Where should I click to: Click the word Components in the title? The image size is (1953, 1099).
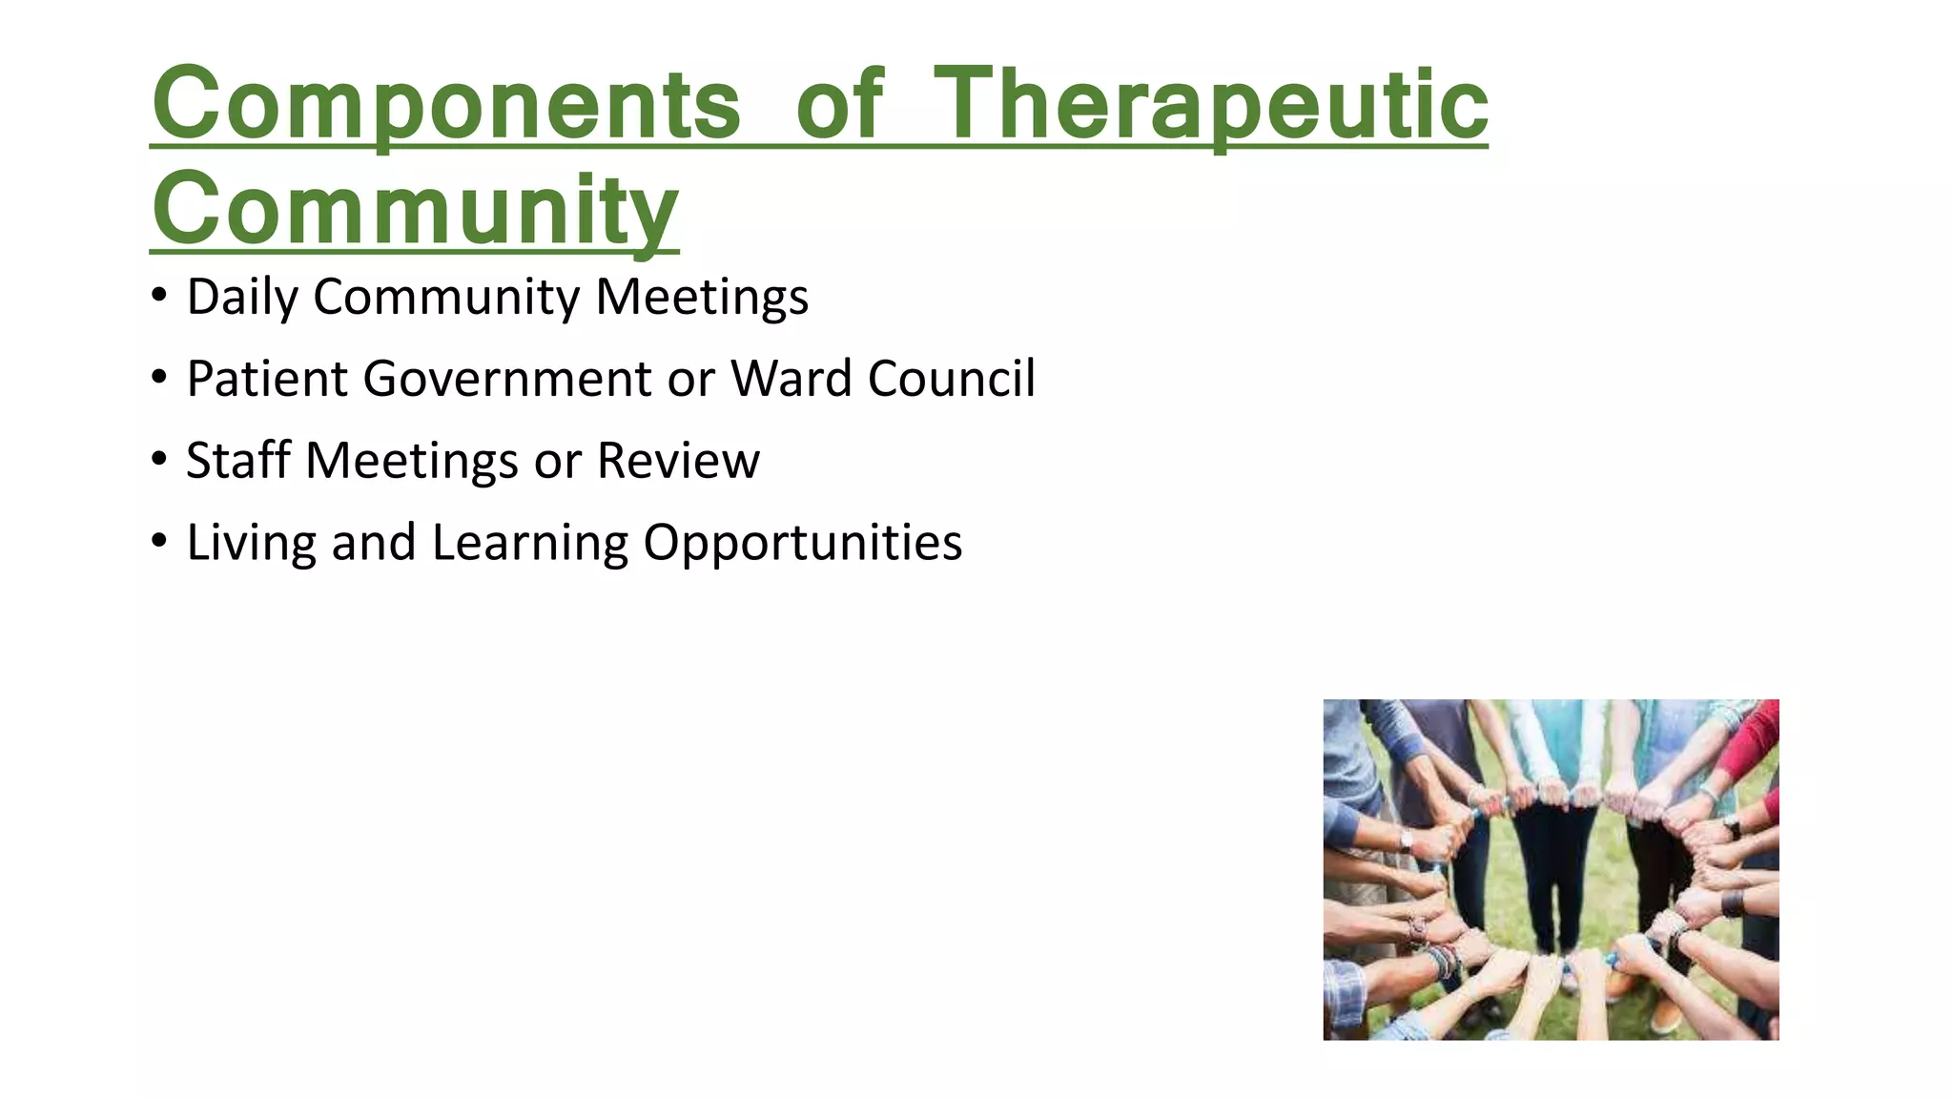445,105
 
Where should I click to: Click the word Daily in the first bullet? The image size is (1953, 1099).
242,297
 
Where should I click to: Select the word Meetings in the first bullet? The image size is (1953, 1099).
702,297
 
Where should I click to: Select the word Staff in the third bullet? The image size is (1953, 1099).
237,461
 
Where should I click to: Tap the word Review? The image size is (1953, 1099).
678,461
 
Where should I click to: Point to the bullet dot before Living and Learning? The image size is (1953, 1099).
159,541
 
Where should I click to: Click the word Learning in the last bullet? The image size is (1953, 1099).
528,543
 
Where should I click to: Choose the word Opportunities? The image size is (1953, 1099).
802,543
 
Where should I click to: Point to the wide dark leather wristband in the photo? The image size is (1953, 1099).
1732,902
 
